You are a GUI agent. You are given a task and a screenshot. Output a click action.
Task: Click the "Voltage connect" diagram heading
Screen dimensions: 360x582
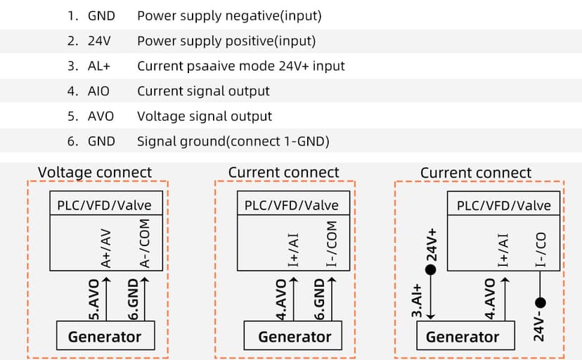pyautogui.click(x=94, y=172)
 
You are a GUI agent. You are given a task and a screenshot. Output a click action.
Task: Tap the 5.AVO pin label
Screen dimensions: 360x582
pyautogui.click(x=94, y=299)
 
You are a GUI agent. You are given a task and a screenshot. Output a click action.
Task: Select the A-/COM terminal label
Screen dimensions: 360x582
pyautogui.click(x=145, y=243)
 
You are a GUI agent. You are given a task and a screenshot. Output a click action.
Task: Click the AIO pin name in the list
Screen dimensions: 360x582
pyautogui.click(x=98, y=91)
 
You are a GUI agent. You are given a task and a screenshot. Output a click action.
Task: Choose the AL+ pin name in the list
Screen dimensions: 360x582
pyautogui.click(x=99, y=66)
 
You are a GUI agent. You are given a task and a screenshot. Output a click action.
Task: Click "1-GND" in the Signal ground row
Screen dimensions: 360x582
pyautogui.click(x=306, y=141)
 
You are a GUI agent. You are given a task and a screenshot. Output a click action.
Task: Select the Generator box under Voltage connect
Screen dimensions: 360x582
pyautogui.click(x=104, y=337)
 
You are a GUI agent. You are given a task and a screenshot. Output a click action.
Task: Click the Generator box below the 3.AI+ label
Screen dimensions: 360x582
pyautogui.click(x=462, y=337)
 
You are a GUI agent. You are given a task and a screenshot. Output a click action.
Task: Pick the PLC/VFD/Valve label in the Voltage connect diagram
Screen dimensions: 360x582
pyautogui.click(x=104, y=205)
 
